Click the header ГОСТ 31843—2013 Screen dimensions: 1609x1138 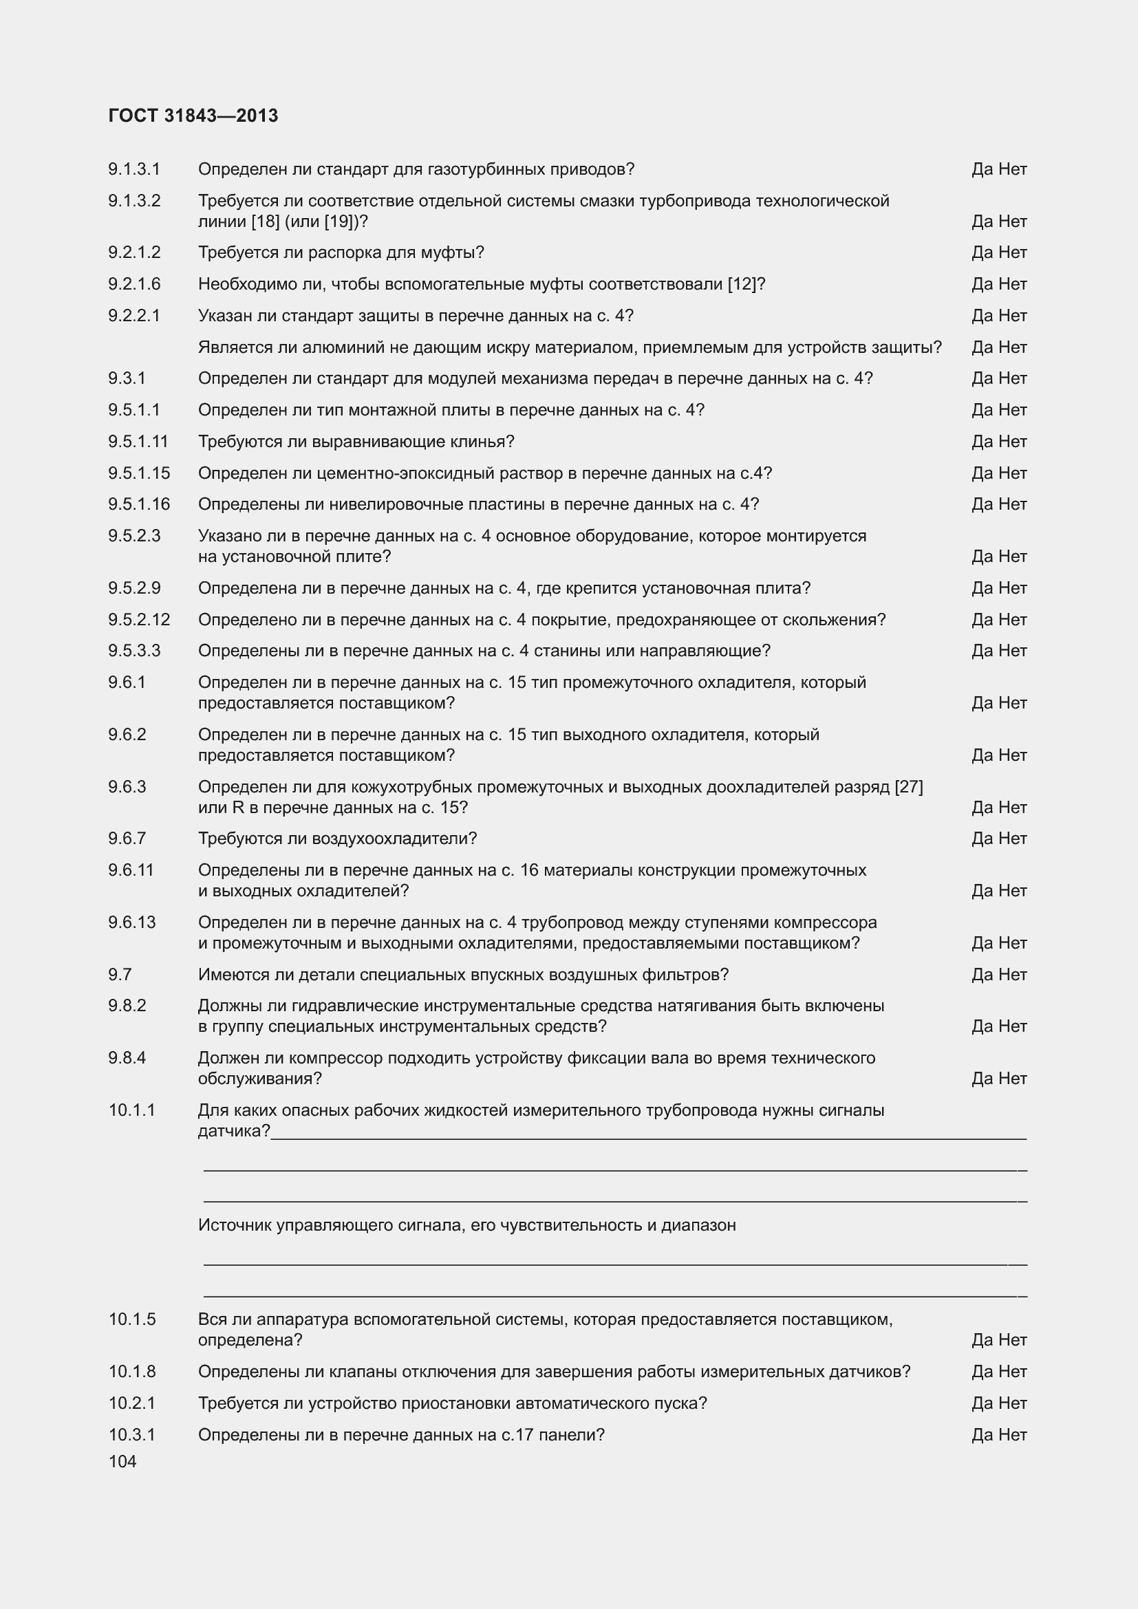point(193,116)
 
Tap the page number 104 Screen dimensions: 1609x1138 point(122,1461)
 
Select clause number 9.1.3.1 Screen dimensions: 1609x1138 point(134,169)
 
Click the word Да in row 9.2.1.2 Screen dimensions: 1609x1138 point(982,252)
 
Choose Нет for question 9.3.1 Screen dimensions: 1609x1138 point(1013,378)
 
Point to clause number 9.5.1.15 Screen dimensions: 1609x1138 point(139,473)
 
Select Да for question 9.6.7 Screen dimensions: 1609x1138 point(982,838)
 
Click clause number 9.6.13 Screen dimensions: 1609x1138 point(131,922)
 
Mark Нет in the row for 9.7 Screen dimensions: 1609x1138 point(1013,974)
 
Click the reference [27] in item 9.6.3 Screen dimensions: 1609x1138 point(909,787)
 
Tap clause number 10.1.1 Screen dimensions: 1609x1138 point(131,1110)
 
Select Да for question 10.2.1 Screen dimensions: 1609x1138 point(982,1403)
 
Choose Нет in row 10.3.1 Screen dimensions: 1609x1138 point(1013,1434)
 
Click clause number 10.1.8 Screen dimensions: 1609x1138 point(131,1372)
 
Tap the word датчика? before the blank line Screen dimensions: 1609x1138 point(233,1131)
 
